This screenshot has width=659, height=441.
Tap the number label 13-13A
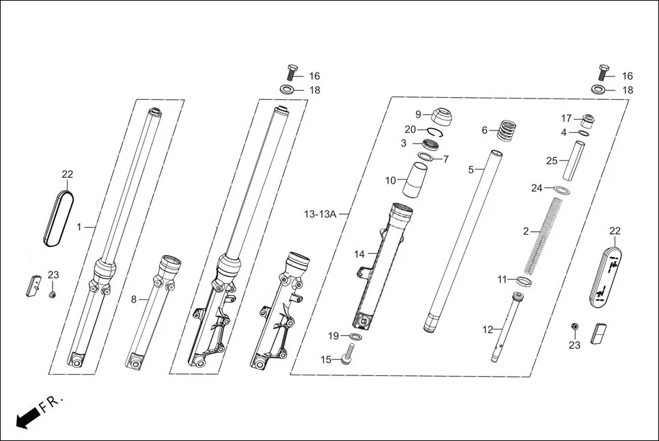(x=319, y=214)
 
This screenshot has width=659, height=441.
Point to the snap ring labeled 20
(x=438, y=132)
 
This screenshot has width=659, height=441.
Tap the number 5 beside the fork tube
(x=471, y=169)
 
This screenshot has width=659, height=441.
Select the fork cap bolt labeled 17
(x=587, y=120)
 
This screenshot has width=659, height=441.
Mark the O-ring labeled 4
(x=585, y=133)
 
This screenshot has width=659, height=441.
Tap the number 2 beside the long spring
(x=526, y=232)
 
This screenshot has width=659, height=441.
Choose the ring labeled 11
(x=524, y=280)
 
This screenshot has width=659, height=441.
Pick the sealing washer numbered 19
(x=356, y=336)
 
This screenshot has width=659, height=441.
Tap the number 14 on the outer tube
(x=359, y=254)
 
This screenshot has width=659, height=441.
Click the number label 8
(x=134, y=299)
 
